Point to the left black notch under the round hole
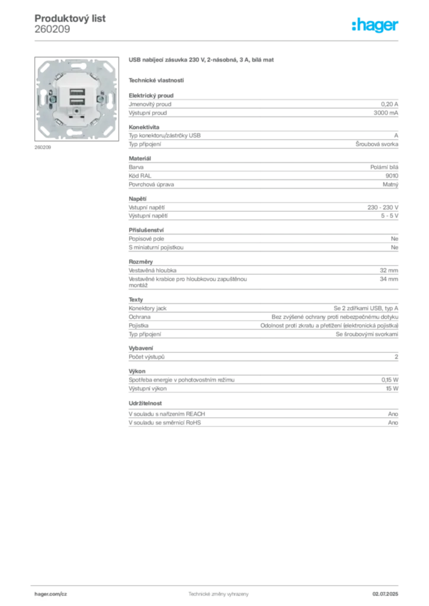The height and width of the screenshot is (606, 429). tap(71, 117)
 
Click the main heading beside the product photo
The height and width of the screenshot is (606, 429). tap(201, 61)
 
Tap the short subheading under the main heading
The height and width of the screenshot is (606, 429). tap(156, 80)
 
